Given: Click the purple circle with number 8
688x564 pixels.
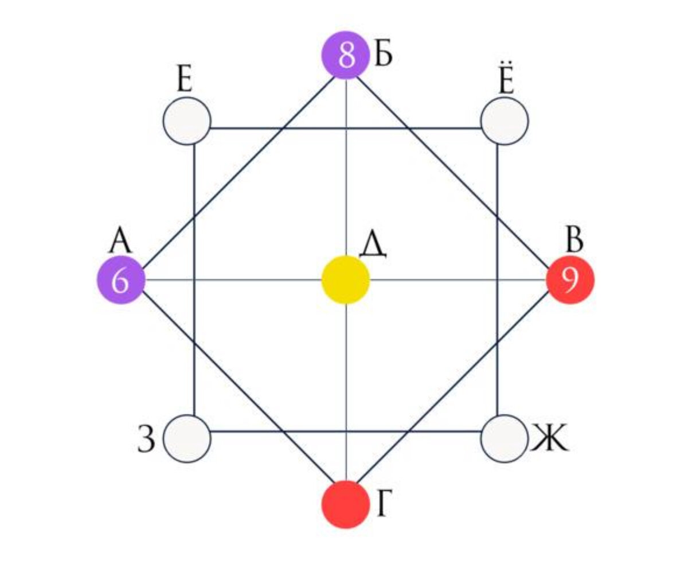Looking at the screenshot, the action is (x=345, y=56).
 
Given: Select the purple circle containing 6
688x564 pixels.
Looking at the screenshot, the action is (x=120, y=280).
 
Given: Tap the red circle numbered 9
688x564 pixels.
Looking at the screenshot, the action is (x=570, y=280).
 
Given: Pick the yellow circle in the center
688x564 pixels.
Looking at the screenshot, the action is (x=345, y=279).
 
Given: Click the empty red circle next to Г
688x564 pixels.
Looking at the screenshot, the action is (x=345, y=504).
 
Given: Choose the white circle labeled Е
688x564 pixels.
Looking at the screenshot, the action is (x=187, y=121).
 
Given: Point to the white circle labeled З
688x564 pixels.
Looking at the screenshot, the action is (x=187, y=439).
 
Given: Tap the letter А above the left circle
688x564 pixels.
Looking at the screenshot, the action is (x=121, y=241).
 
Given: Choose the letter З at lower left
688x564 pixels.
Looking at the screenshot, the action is (x=147, y=441).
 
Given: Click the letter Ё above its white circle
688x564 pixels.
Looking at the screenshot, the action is (x=505, y=82).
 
